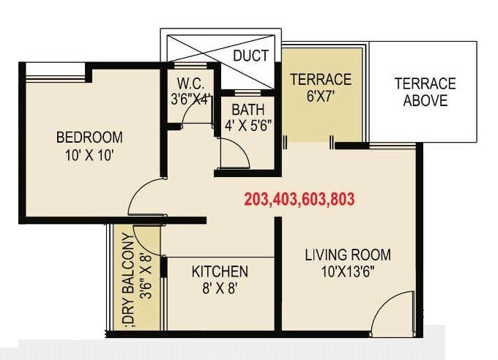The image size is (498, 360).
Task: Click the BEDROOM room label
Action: [x=89, y=137]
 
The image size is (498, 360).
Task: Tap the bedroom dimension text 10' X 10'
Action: [x=89, y=154]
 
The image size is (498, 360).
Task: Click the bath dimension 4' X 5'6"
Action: [x=247, y=124]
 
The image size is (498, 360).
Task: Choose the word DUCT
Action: [x=250, y=56]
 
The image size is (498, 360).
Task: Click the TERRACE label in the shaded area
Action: [x=321, y=79]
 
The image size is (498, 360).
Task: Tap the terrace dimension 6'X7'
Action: [x=321, y=95]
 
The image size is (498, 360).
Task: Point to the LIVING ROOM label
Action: [x=348, y=255]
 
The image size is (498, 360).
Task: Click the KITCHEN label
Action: [x=220, y=271]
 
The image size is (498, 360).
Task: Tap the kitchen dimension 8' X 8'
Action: [x=220, y=288]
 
